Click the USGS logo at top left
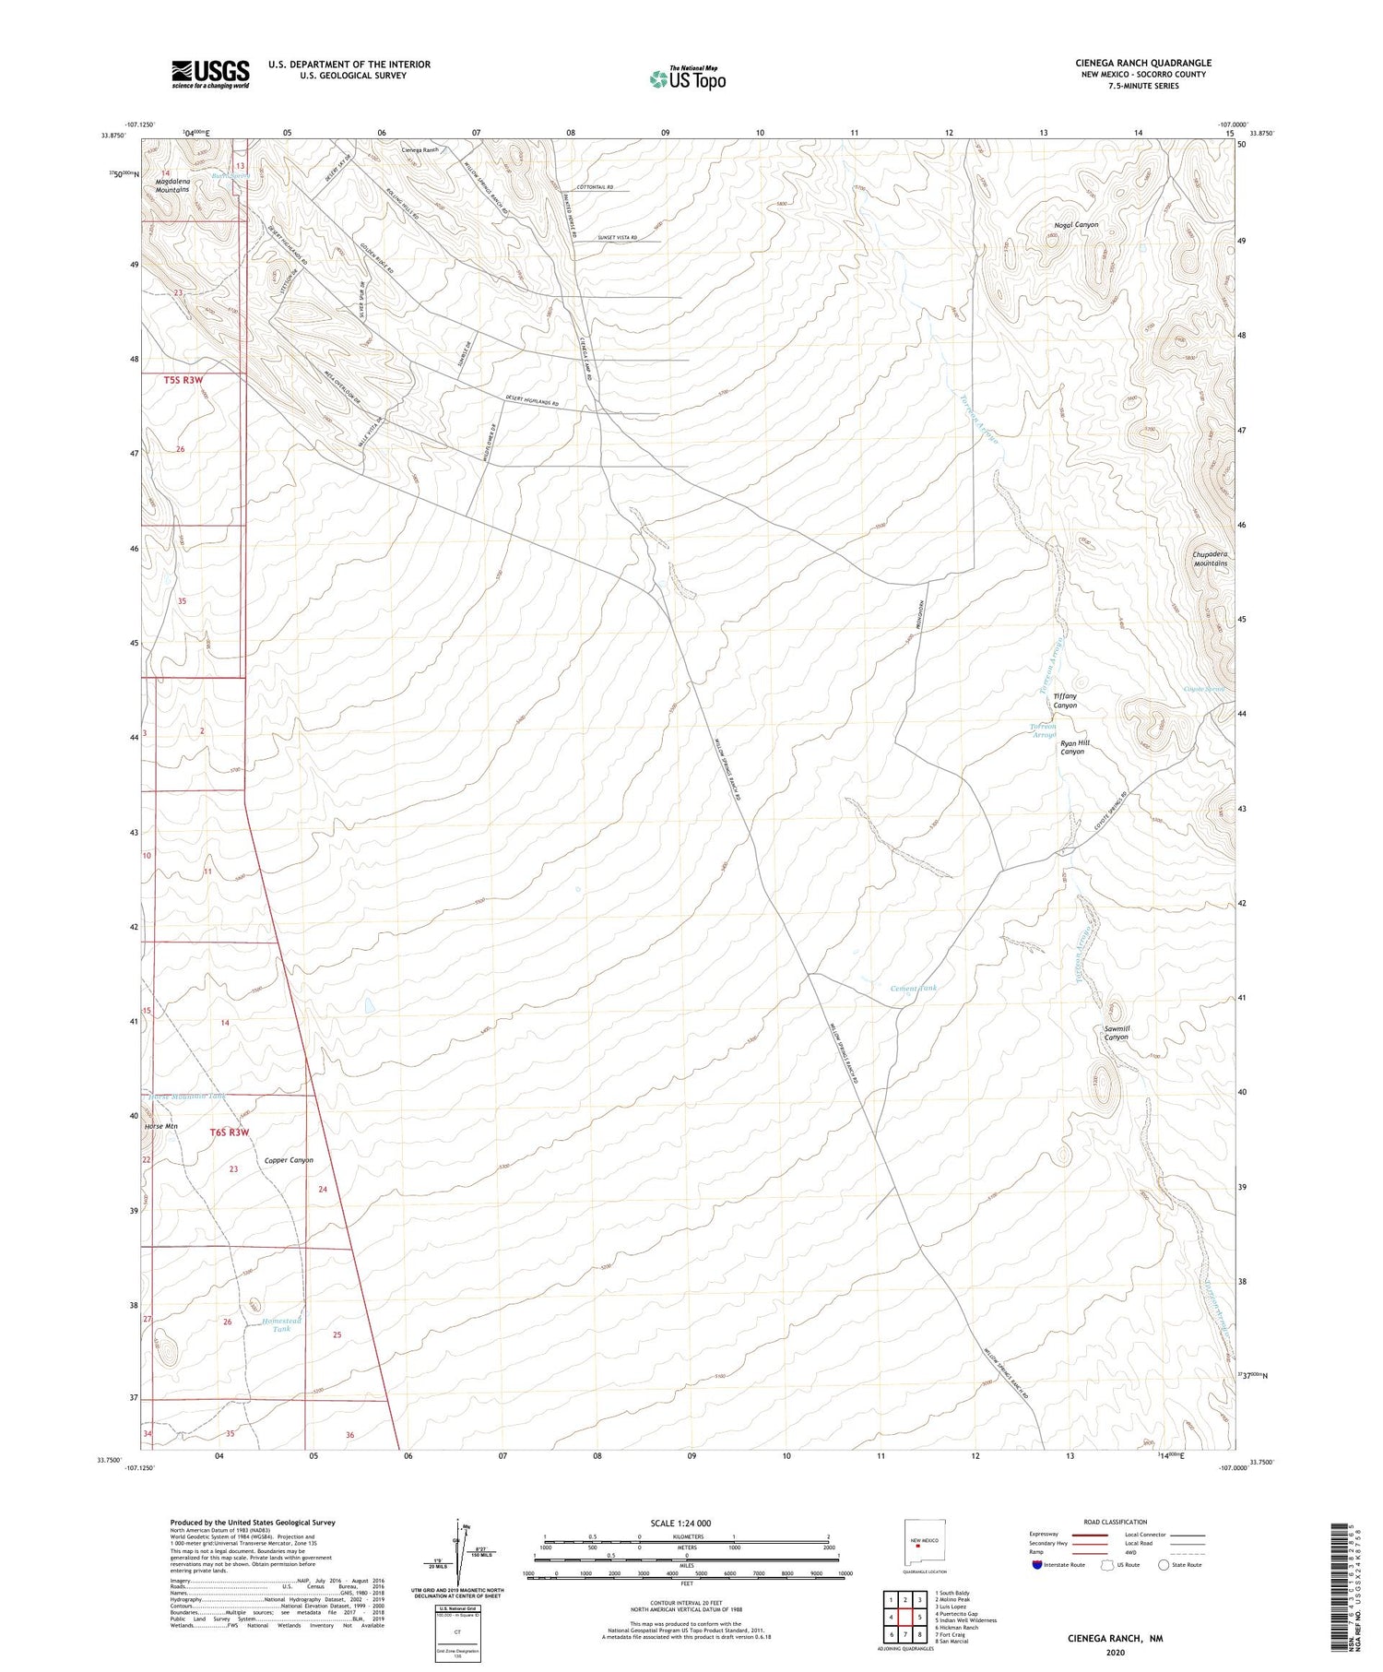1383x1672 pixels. pyautogui.click(x=210, y=74)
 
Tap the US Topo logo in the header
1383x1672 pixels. pyautogui.click(x=688, y=79)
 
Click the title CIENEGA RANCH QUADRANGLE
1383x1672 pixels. pyautogui.click(x=1142, y=63)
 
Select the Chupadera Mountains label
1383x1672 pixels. pyautogui.click(x=1211, y=559)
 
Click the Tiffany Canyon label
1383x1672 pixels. pyautogui.click(x=1065, y=701)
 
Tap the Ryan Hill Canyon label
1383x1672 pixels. pyautogui.click(x=1073, y=747)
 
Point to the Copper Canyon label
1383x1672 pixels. pyautogui.click(x=289, y=1160)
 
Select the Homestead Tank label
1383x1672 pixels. pyautogui.click(x=281, y=1325)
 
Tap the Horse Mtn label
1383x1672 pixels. pyautogui.click(x=160, y=1126)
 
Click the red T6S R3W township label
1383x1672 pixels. pyautogui.click(x=230, y=1132)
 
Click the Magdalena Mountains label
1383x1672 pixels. pyautogui.click(x=172, y=186)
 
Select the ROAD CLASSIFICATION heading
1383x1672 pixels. pyautogui.click(x=1115, y=1522)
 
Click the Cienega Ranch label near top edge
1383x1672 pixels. pyautogui.click(x=420, y=149)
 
